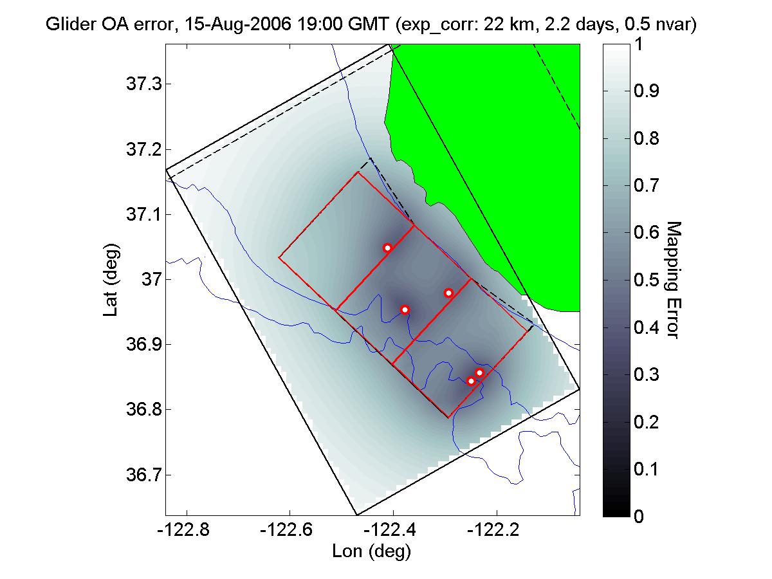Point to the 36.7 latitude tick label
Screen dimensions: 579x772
pos(139,475)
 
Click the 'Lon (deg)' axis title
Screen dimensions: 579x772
pos(371,551)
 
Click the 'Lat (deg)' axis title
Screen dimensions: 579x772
pos(110,279)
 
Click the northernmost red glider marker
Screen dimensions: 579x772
pos(387,248)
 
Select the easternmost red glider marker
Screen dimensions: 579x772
pos(479,372)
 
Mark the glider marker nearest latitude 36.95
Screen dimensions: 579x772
pos(405,309)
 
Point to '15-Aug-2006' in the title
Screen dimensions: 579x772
pos(218,26)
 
